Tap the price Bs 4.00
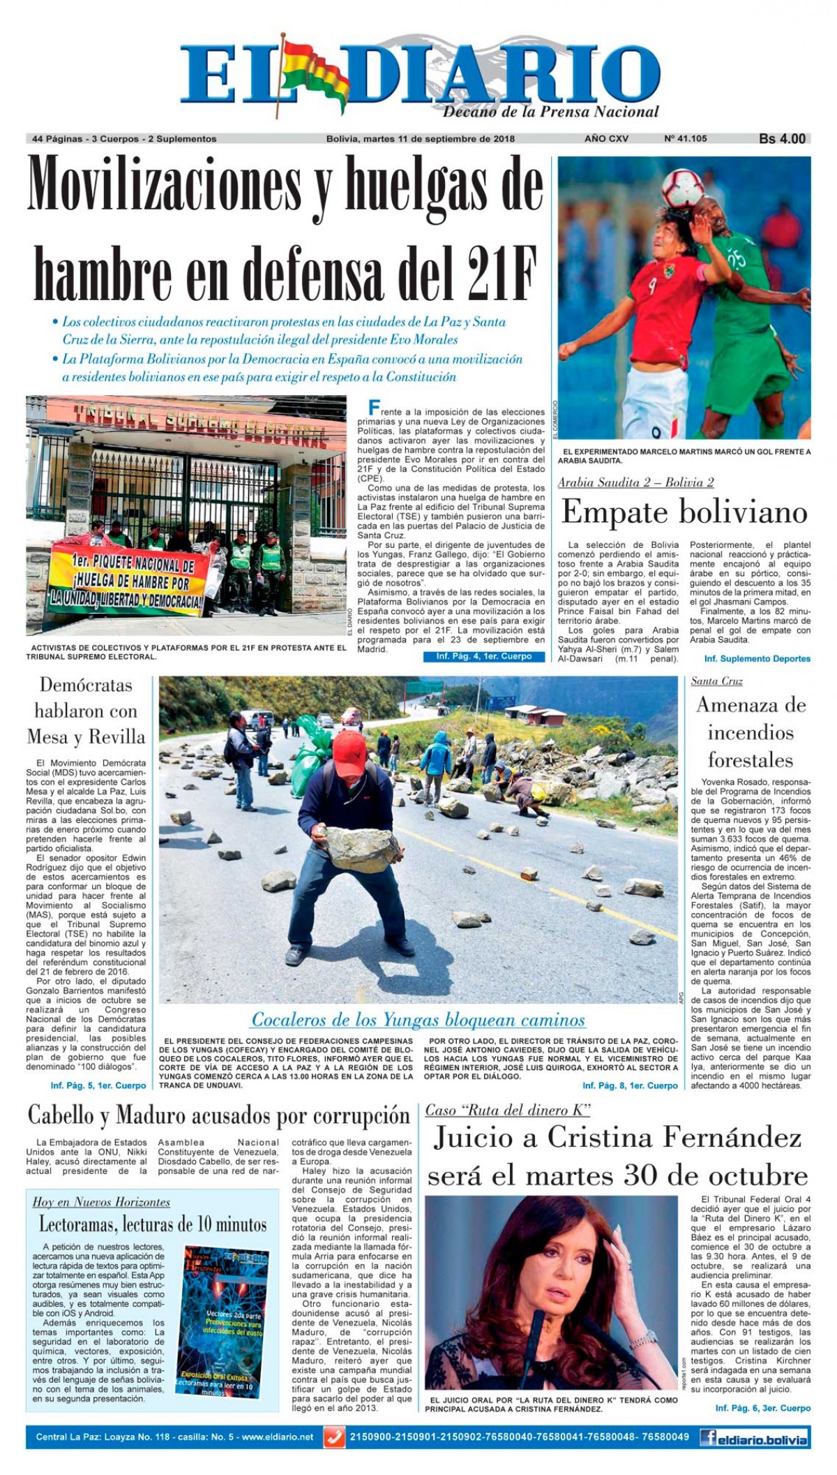coord(782,139)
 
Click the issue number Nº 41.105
coord(685,138)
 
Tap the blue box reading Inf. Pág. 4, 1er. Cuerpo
coord(483,656)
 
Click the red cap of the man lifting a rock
coord(349,746)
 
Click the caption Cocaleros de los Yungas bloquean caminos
coord(418,1020)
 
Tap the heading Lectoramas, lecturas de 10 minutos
coord(152,1224)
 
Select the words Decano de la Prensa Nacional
coord(550,112)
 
